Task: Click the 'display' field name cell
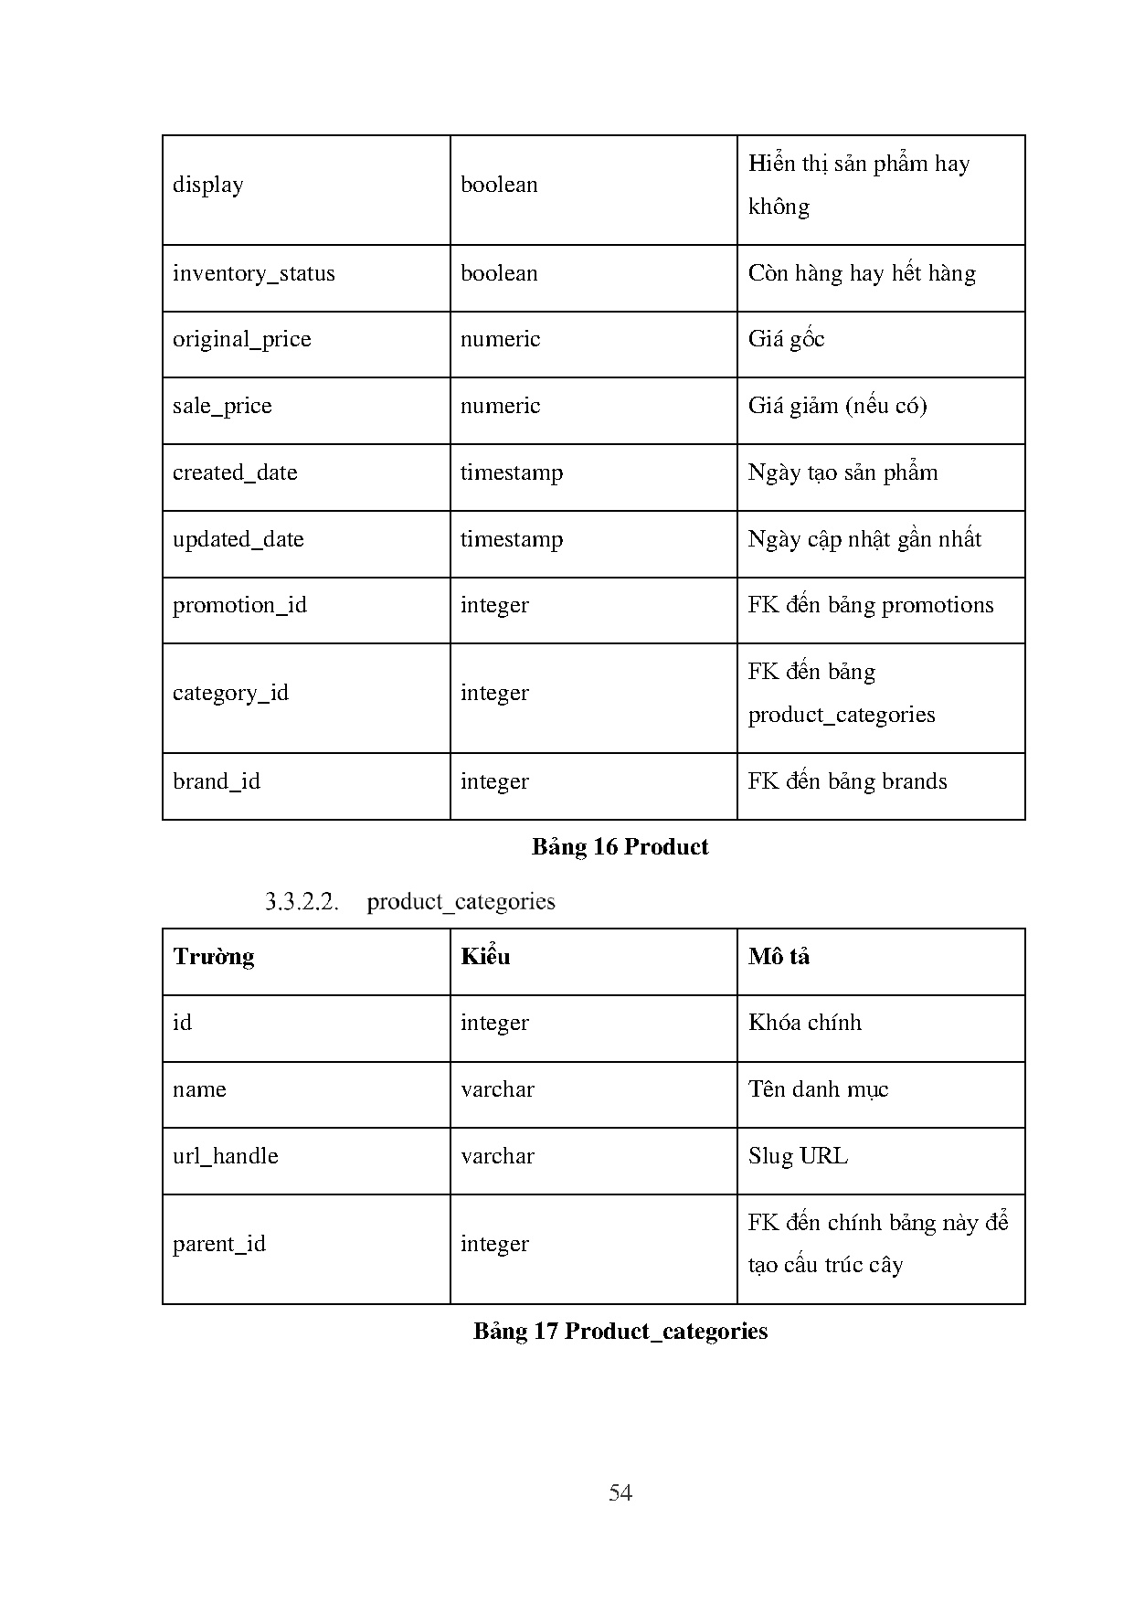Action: pos(208,185)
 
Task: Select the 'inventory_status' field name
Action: pos(254,273)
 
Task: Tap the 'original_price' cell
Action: pos(242,339)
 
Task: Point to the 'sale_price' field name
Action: pos(222,406)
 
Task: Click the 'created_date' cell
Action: pos(235,472)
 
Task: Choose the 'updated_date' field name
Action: pos(238,539)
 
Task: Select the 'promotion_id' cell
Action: pos(239,605)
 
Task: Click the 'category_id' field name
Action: pos(230,693)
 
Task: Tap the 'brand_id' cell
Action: pos(217,781)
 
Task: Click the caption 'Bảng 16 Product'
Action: pos(620,847)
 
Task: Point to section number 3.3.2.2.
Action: pos(302,902)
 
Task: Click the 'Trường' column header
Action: pos(214,957)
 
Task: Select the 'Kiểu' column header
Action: pos(485,957)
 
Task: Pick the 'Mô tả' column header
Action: pos(779,957)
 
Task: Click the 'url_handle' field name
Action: pos(226,1156)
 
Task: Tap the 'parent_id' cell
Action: pos(219,1244)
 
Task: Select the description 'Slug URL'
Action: pos(798,1156)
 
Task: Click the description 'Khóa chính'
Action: pos(804,1023)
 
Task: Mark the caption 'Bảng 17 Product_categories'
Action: pos(620,1331)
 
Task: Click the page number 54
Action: pos(620,1492)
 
